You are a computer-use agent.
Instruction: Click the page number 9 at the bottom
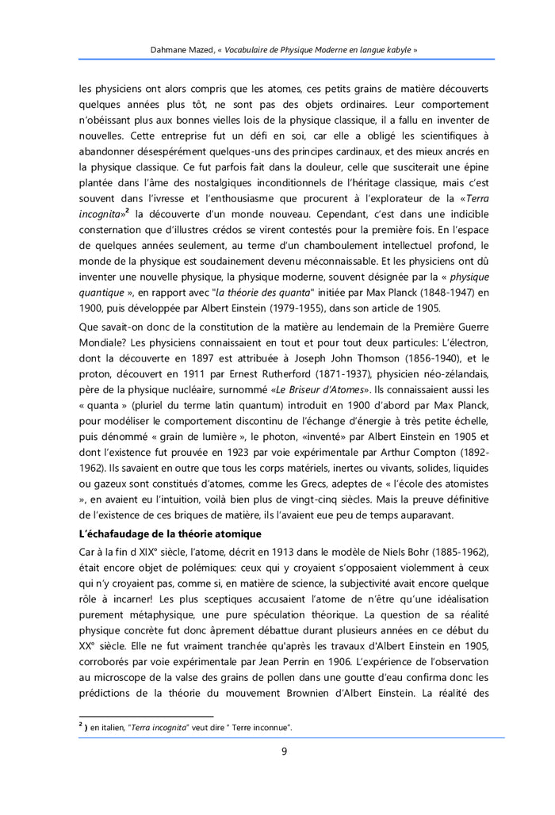click(x=284, y=752)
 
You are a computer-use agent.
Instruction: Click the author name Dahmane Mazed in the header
click(x=182, y=49)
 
